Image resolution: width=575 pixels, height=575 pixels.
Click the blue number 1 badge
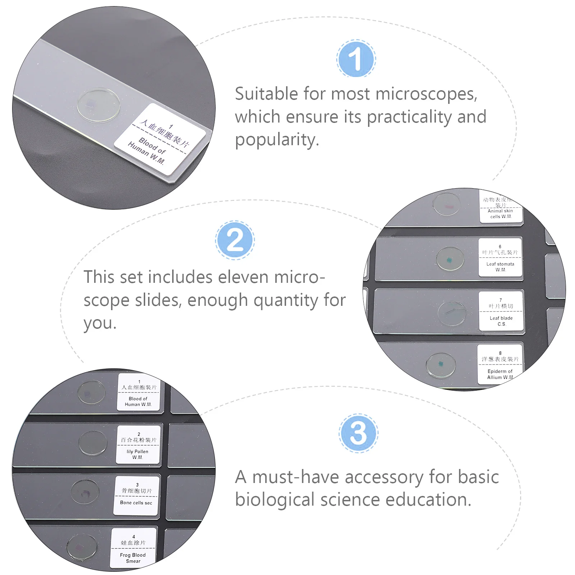pyautogui.click(x=356, y=59)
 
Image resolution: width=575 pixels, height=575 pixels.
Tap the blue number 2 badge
pyautogui.click(x=235, y=240)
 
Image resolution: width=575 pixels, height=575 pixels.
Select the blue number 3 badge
pyautogui.click(x=358, y=433)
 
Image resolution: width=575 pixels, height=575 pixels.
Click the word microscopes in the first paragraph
pyautogui.click(x=426, y=94)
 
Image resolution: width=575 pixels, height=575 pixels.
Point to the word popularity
pyautogui.click(x=277, y=140)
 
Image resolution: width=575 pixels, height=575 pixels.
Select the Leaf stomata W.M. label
pyautogui.click(x=500, y=257)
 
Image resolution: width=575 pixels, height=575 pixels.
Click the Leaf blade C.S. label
pyautogui.click(x=501, y=311)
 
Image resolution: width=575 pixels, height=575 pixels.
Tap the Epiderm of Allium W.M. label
pyautogui.click(x=500, y=364)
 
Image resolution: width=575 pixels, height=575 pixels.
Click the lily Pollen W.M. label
pyautogui.click(x=138, y=445)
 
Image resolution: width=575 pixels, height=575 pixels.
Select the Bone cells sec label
pyautogui.click(x=137, y=495)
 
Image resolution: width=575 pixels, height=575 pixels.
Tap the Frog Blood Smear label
pyautogui.click(x=133, y=548)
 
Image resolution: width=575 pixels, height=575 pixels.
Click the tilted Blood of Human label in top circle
pyautogui.click(x=160, y=139)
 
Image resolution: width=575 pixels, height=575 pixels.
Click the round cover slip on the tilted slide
pyautogui.click(x=98, y=104)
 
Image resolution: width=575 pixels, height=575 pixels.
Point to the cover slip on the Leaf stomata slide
pyautogui.click(x=450, y=259)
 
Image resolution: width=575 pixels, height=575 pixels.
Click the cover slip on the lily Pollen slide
pyautogui.click(x=93, y=443)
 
